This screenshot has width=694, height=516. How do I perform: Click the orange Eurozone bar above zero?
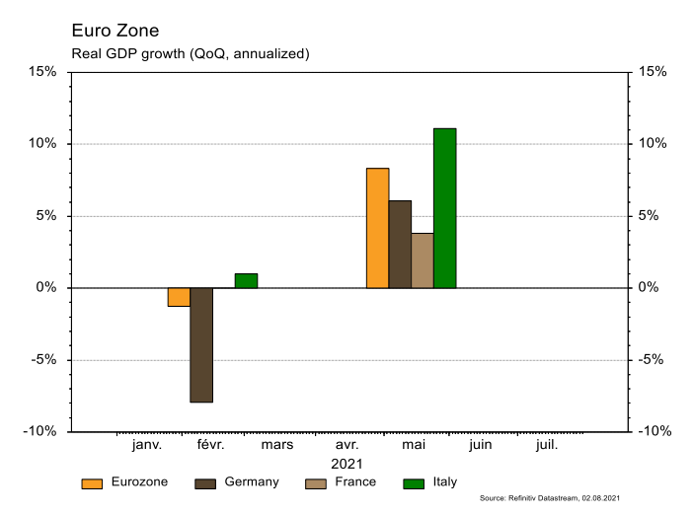click(377, 228)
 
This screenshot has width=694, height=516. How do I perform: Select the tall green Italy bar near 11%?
click(444, 208)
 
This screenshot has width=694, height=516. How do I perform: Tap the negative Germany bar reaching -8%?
click(201, 345)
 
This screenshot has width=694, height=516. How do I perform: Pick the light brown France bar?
click(422, 260)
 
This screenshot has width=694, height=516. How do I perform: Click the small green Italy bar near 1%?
click(246, 280)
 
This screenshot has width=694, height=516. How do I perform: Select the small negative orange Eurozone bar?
click(179, 297)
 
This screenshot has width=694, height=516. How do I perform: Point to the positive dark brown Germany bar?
click(400, 244)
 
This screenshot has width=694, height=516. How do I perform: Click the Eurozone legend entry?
click(125, 482)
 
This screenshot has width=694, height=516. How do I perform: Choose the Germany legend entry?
click(238, 482)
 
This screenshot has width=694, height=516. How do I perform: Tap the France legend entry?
click(341, 482)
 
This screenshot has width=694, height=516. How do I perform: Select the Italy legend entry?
click(431, 482)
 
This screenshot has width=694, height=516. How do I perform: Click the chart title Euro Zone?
click(115, 32)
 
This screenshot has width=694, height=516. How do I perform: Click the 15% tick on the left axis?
click(42, 72)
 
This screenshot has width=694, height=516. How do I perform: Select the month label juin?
click(480, 445)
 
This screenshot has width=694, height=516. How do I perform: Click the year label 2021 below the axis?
click(347, 463)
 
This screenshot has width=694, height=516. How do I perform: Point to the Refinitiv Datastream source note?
click(550, 499)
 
